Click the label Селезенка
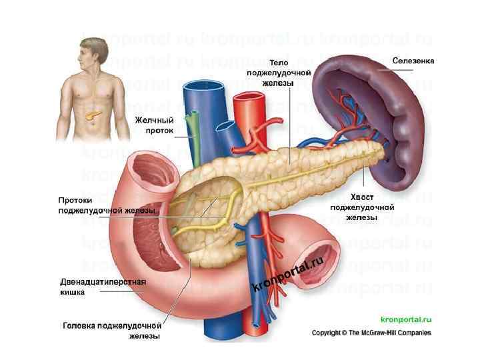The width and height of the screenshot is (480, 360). tap(413, 61)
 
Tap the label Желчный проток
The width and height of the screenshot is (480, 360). tap(154, 125)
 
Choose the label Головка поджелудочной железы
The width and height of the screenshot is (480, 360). tap(112, 331)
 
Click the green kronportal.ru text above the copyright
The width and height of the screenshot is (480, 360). tap(405, 320)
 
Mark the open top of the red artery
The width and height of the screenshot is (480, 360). tap(251, 99)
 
